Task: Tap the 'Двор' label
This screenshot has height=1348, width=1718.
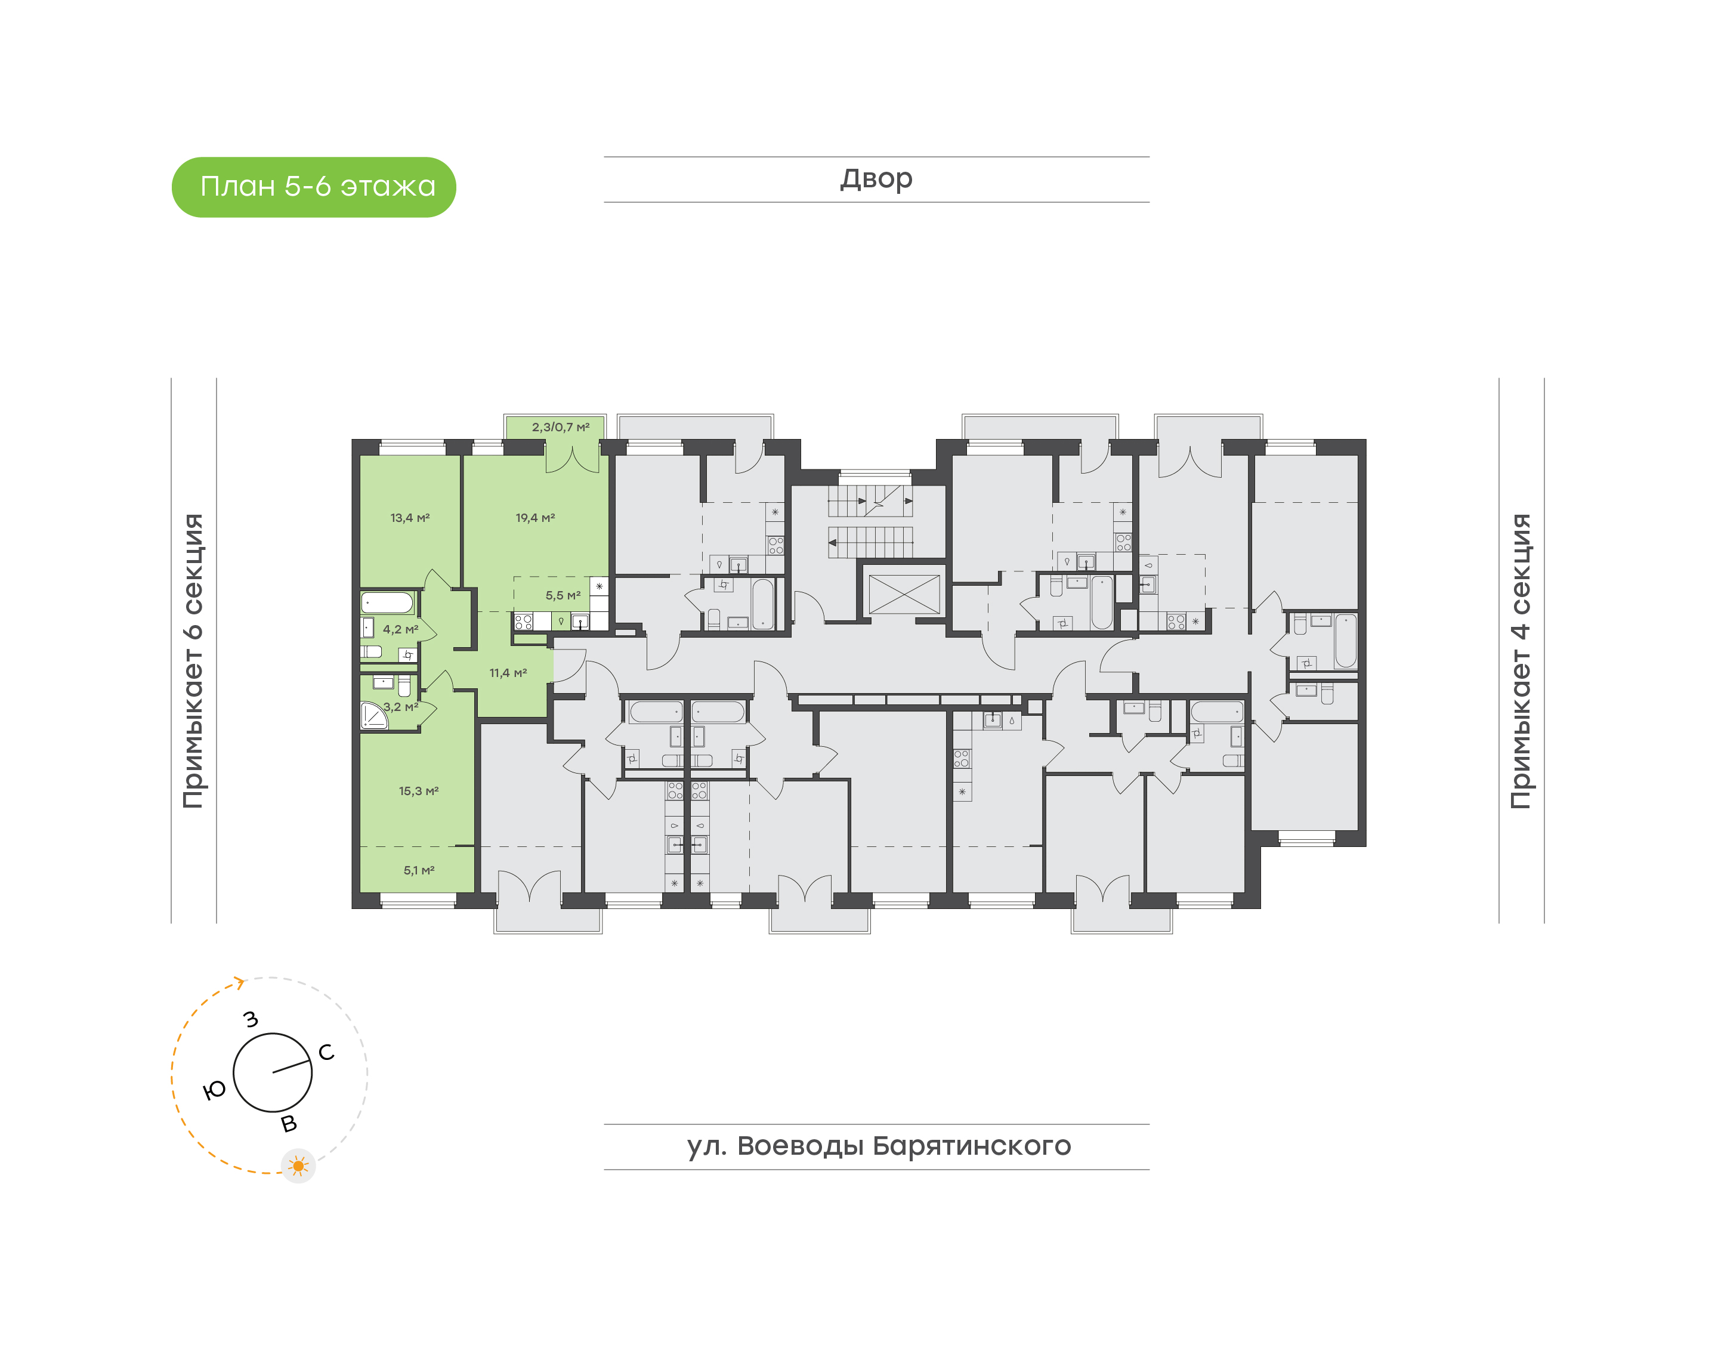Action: pos(875,178)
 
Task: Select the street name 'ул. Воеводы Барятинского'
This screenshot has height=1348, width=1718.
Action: pos(877,1145)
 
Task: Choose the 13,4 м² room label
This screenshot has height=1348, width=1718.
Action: pos(410,518)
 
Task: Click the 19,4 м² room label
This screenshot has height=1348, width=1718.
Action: pos(535,518)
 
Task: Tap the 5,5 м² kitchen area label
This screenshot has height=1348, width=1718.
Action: pos(563,595)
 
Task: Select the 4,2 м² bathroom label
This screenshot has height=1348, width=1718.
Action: pos(400,629)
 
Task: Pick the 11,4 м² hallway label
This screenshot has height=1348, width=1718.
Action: pos(508,672)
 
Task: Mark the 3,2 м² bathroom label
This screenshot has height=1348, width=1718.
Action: pos(400,706)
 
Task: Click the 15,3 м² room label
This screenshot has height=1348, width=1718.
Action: pos(418,790)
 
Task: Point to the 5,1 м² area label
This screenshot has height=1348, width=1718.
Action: pos(418,870)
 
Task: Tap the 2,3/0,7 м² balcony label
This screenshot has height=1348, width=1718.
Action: pos(560,427)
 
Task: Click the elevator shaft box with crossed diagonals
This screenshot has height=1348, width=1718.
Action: pos(904,593)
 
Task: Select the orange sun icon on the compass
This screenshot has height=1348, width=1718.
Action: pos(298,1165)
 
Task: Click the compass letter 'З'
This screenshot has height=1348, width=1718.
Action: pos(251,1019)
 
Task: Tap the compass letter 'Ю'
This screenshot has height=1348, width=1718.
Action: pos(214,1090)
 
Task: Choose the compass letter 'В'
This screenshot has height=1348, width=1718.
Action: pos(289,1123)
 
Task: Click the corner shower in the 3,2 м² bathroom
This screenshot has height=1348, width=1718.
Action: pos(373,716)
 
